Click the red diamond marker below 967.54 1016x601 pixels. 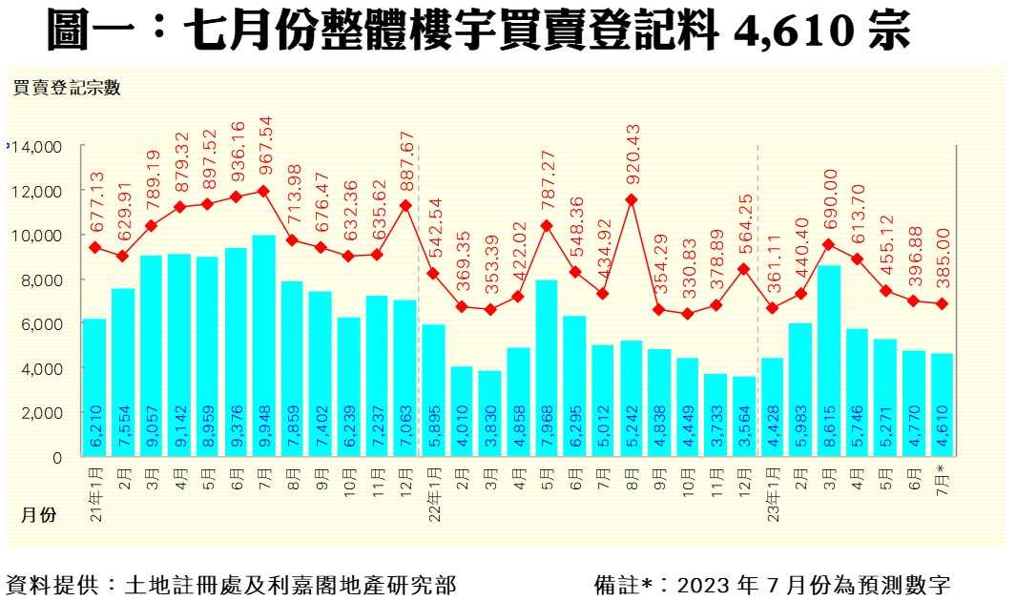[x=263, y=191]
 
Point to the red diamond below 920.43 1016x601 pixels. [x=632, y=200]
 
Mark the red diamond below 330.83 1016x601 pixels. [x=688, y=314]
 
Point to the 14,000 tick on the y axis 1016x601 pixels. [x=35, y=147]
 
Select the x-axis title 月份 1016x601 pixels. [x=39, y=515]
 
